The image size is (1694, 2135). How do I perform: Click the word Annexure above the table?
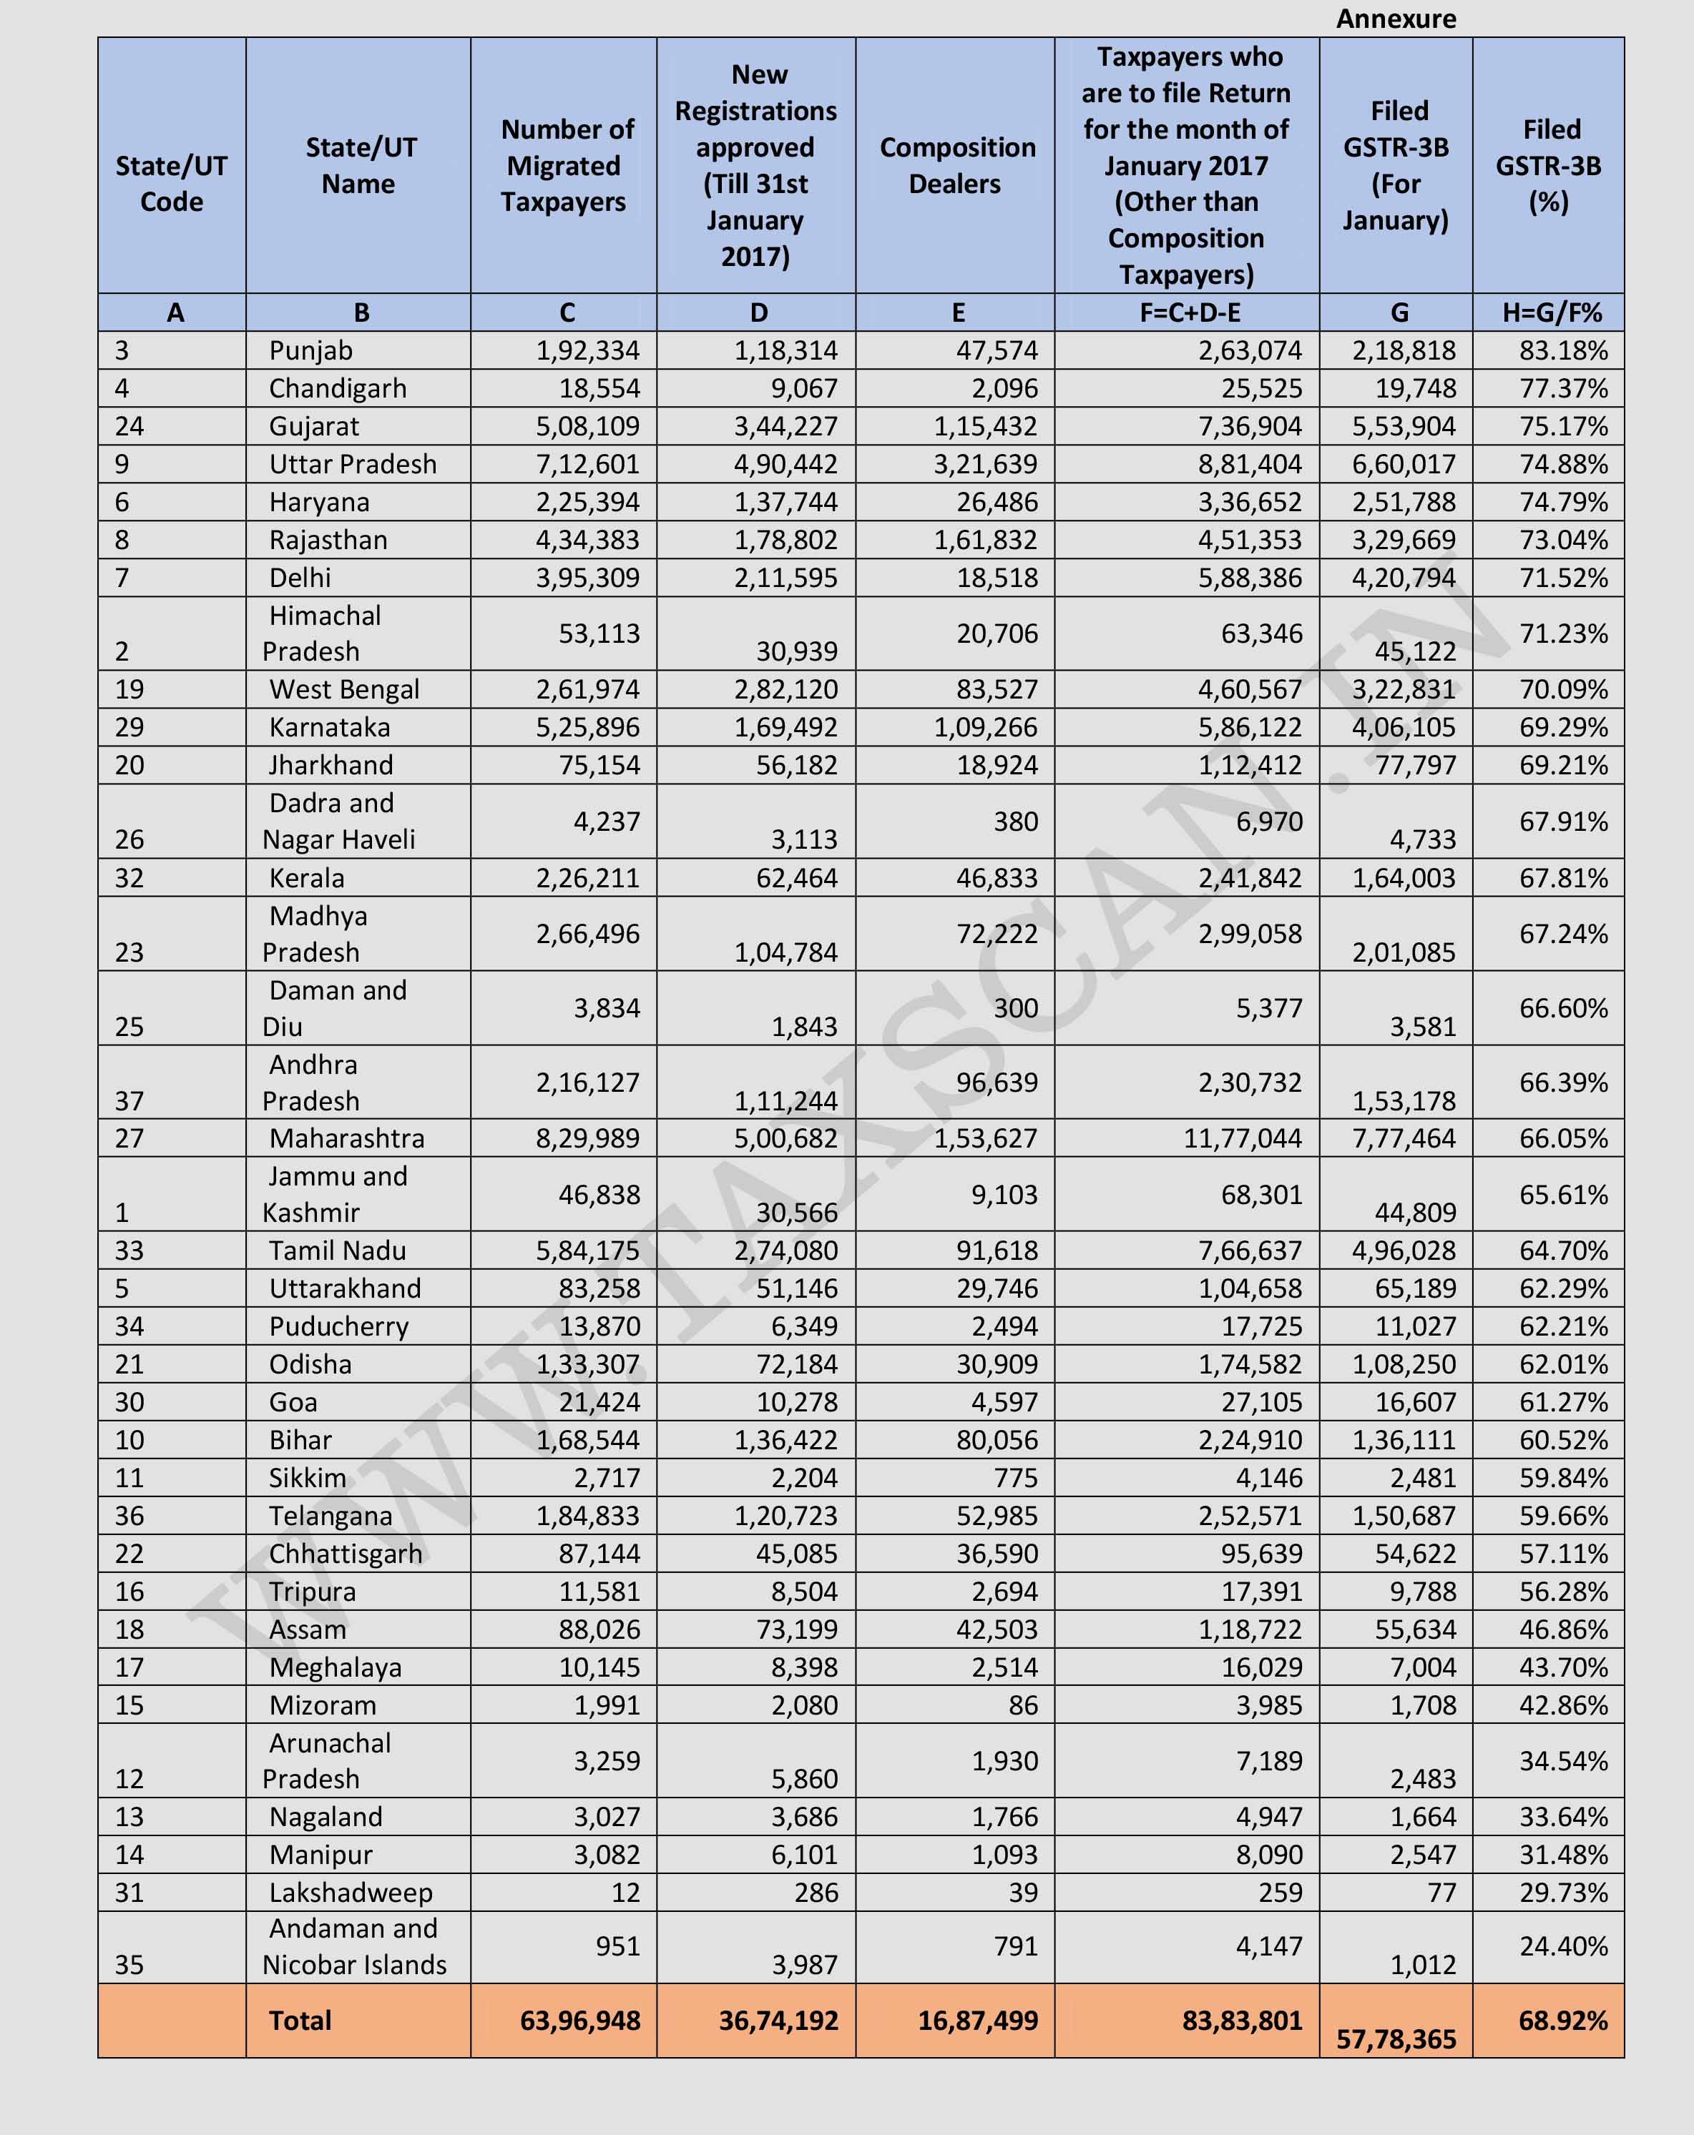tap(1395, 19)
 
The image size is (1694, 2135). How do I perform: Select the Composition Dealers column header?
tap(956, 165)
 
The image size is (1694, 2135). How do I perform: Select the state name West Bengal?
tap(344, 689)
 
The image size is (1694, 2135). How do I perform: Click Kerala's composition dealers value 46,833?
tap(997, 878)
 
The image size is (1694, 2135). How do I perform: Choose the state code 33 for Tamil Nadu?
tap(129, 1251)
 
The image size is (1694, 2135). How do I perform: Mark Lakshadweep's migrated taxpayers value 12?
tap(625, 1893)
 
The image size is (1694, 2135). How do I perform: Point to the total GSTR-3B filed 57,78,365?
tap(1396, 2039)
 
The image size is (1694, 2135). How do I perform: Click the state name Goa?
tap(293, 1402)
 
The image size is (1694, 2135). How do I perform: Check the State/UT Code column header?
tap(172, 183)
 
